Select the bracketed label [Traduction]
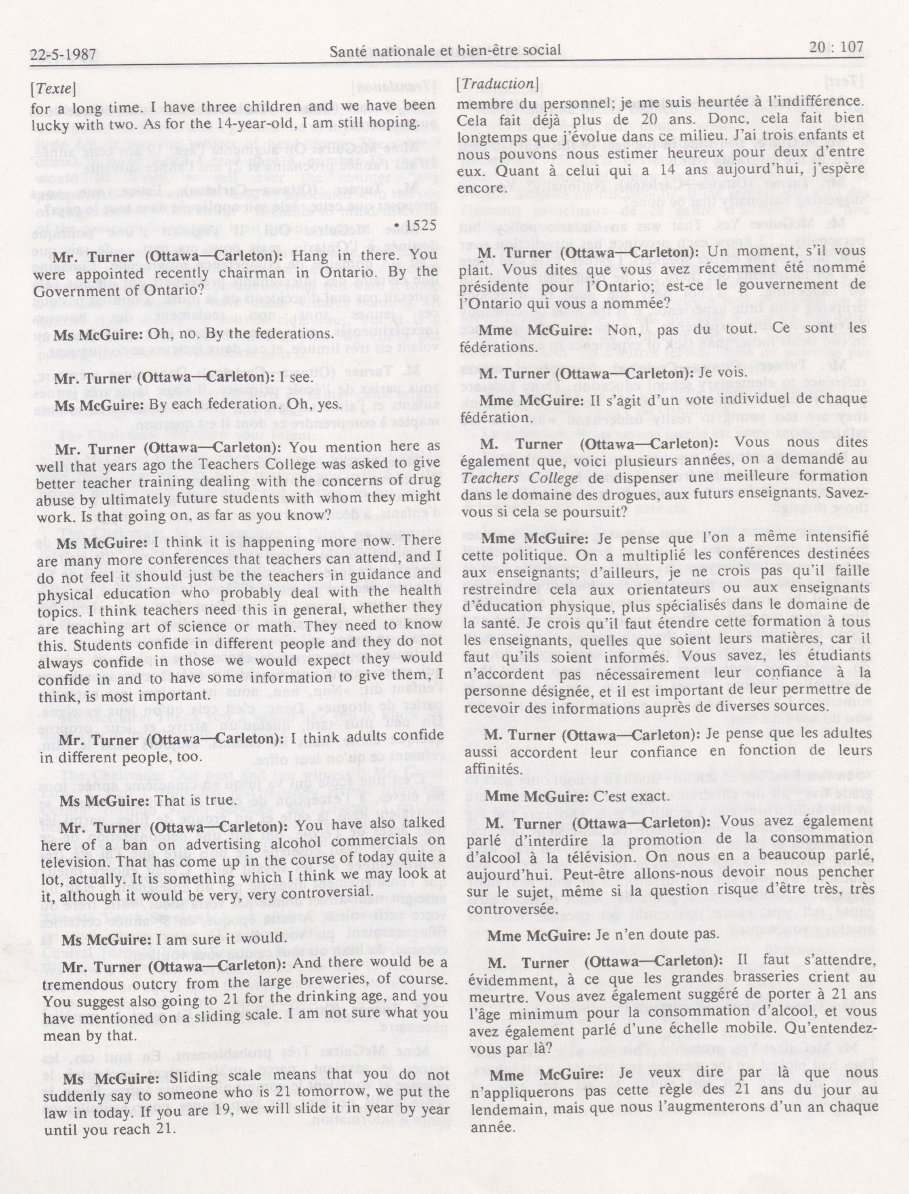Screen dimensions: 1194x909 [x=498, y=84]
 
